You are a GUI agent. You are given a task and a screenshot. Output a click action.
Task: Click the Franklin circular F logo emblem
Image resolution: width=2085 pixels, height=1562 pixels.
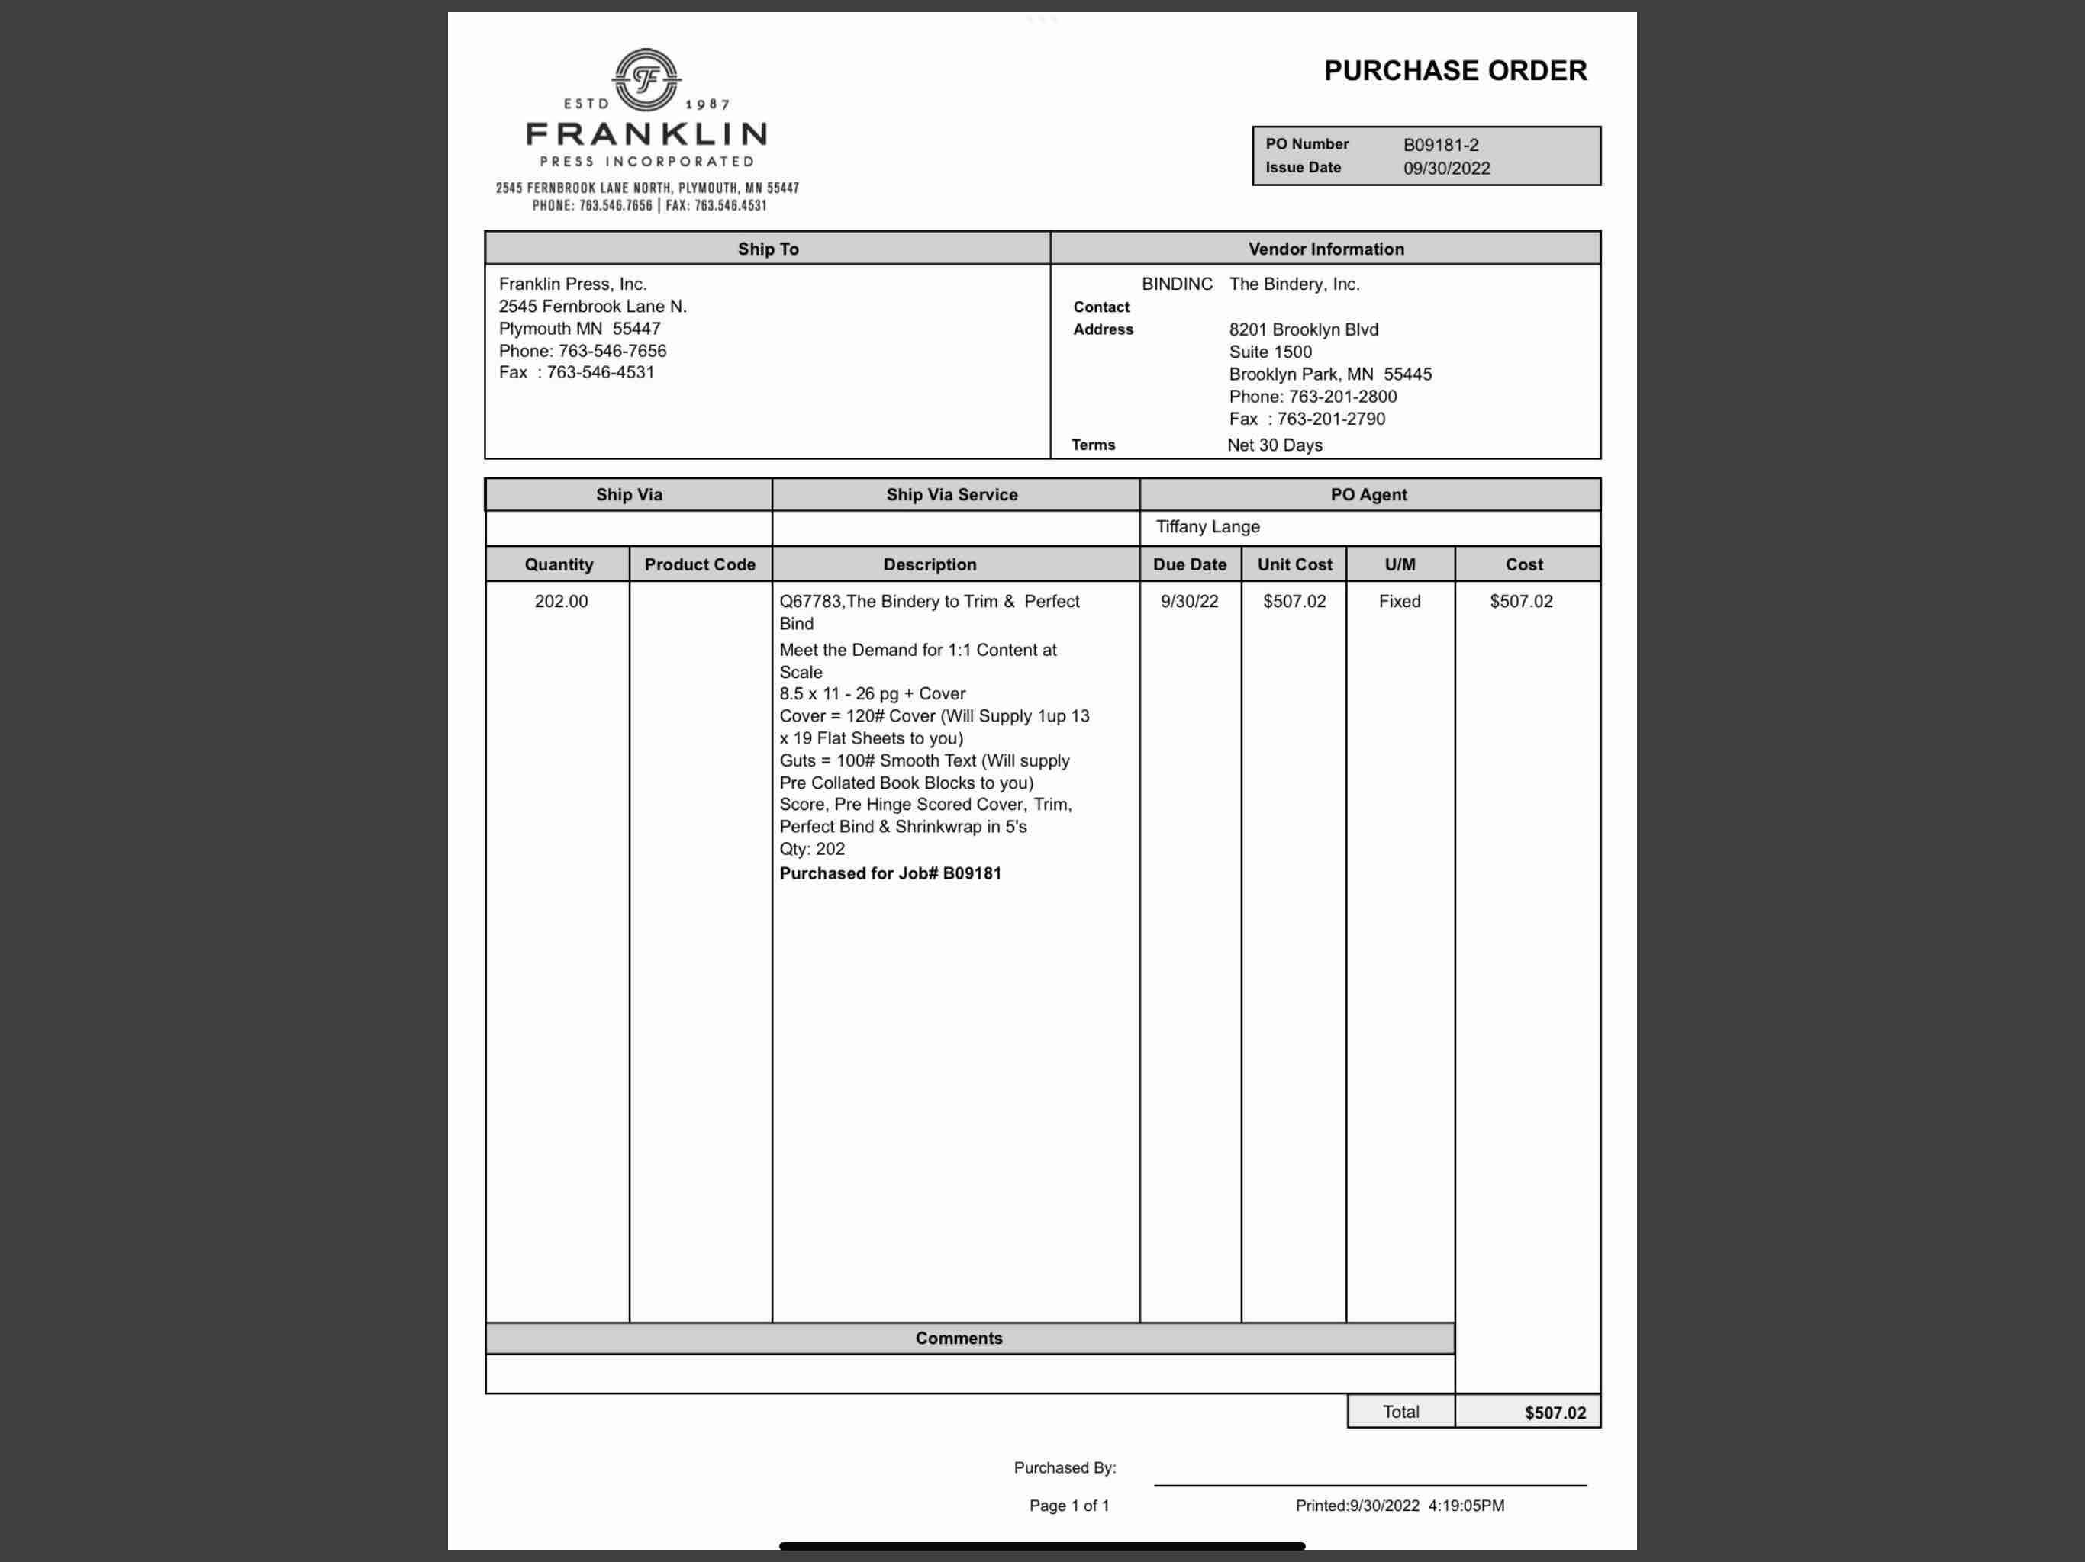[x=646, y=79]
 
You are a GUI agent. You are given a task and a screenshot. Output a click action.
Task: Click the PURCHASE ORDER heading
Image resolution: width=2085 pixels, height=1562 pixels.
[x=1455, y=71]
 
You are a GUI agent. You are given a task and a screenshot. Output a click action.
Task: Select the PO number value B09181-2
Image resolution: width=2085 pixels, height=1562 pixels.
[x=1440, y=145]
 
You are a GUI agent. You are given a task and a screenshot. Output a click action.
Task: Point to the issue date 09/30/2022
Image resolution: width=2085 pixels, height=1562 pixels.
[x=1446, y=169]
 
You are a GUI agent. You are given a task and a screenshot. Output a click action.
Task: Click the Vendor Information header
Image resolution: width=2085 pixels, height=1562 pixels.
[x=1326, y=249]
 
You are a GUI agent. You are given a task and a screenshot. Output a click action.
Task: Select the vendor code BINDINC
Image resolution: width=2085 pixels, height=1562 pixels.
[x=1176, y=284]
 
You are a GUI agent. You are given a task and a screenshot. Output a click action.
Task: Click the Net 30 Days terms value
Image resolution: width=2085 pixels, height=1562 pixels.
[x=1275, y=445]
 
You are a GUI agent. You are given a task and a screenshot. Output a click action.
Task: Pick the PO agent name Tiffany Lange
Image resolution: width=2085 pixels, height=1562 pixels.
[x=1207, y=526]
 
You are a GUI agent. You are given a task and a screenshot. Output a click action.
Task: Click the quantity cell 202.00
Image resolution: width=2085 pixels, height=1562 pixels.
[x=561, y=601]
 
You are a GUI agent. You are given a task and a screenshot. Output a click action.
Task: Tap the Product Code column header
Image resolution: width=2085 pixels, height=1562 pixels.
[x=699, y=564]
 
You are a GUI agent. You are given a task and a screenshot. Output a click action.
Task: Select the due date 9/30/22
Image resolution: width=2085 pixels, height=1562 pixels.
[x=1188, y=601]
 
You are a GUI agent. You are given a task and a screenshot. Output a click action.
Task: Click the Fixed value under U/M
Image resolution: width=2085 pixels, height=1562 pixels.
[x=1399, y=601]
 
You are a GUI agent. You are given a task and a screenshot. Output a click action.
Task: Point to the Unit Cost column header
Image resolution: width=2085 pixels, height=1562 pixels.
[x=1294, y=564]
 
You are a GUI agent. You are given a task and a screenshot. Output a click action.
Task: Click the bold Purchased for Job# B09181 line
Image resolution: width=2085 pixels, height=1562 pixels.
[x=890, y=873]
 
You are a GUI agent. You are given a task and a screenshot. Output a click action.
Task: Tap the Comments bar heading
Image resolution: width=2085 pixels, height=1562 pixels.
[x=959, y=1338]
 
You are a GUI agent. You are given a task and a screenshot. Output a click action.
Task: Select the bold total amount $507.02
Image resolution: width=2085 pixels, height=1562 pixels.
[x=1555, y=1413]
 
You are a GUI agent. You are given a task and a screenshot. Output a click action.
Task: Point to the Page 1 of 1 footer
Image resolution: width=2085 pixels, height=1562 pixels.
[x=1069, y=1506]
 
